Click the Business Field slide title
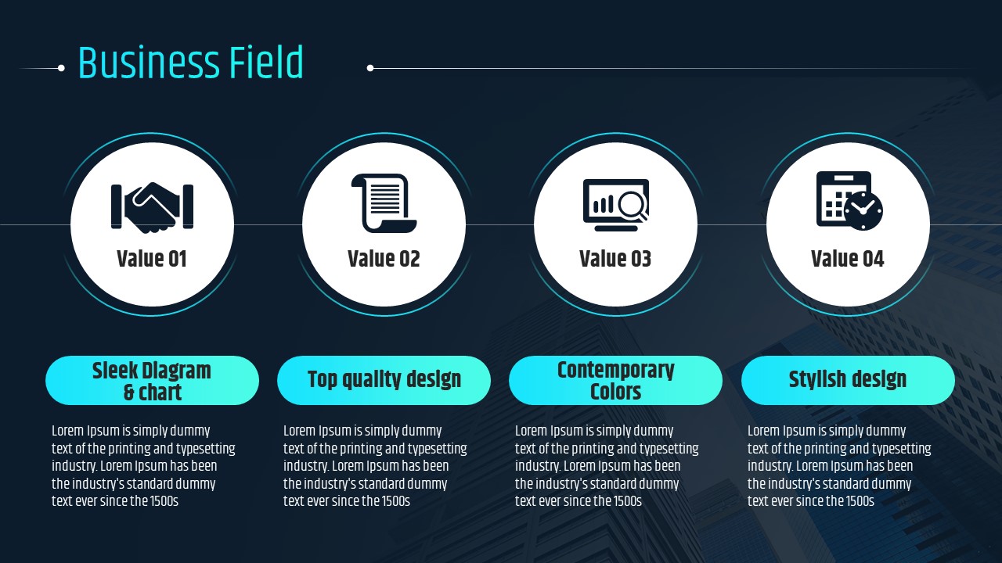191,63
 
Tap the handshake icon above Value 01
152,207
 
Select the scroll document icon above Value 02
384,203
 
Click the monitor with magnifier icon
616,205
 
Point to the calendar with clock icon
849,201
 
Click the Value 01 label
152,259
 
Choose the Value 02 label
384,259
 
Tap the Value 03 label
615,259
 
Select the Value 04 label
848,259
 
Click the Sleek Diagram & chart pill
152,381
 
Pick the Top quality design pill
384,381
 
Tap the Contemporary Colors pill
615,381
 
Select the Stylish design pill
848,381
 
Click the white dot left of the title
61,68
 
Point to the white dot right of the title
370,68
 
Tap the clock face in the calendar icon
863,211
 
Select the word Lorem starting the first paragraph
68,431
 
